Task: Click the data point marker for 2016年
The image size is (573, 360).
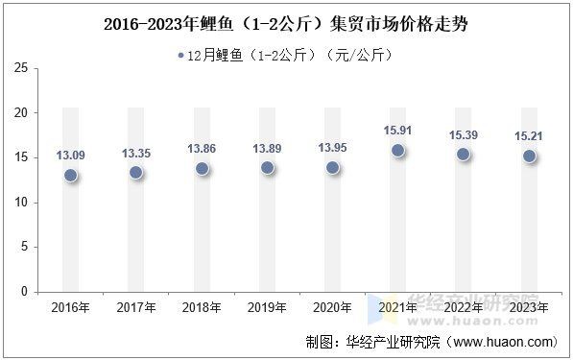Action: coord(70,175)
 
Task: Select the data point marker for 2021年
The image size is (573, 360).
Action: coord(397,150)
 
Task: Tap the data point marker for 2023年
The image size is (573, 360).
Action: coord(529,156)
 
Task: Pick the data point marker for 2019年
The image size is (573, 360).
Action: coord(267,167)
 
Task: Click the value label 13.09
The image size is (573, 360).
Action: coord(70,155)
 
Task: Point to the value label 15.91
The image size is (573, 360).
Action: coord(397,130)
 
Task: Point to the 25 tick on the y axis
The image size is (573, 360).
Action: coord(20,67)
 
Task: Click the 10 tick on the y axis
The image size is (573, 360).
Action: coord(20,202)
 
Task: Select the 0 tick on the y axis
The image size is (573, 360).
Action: coord(24,292)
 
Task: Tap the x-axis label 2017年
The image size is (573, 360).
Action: coord(135,307)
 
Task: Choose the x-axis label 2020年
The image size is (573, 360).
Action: coord(332,307)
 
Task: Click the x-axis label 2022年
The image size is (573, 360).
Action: coord(464,307)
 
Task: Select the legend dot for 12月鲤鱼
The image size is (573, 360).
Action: coord(180,55)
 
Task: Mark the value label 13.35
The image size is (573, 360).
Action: coord(135,153)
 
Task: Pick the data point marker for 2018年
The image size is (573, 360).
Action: coord(202,168)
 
